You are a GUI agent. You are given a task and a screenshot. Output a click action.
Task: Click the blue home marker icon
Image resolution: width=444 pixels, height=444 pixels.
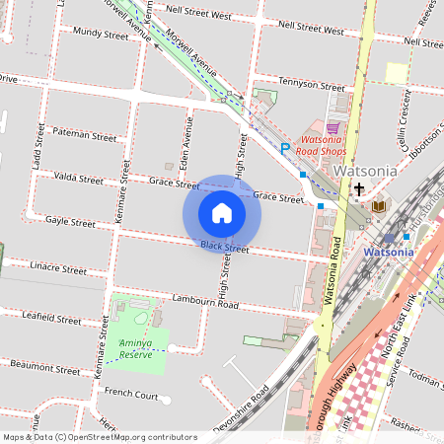coord(222,212)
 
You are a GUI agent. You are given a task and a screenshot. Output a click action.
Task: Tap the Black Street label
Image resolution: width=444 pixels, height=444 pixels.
coord(224,246)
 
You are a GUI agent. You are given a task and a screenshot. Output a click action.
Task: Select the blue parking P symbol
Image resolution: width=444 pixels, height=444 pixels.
coord(285,148)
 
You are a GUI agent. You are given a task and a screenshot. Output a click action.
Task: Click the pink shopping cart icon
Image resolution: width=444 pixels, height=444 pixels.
coord(333,127)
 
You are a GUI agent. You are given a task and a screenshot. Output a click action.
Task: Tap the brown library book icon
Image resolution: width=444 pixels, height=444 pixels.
coord(380,205)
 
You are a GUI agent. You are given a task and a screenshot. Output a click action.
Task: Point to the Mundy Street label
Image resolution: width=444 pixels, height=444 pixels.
coord(101,35)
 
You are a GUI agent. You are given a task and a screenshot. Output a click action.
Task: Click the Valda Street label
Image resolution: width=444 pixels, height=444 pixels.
coord(78,180)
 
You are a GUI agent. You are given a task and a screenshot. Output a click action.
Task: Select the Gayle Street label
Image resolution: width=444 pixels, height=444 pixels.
coord(70,223)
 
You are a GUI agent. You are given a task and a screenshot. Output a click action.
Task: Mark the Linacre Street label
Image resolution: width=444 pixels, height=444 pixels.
coord(58,267)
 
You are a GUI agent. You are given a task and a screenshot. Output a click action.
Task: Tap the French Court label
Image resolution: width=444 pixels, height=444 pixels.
coord(131,395)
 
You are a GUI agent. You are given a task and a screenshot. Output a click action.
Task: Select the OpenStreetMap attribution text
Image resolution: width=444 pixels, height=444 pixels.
coord(100,437)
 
